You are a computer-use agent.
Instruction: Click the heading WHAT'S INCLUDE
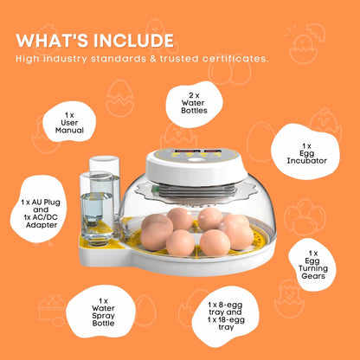coord(95,41)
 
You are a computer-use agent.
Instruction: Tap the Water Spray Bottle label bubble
coord(104,310)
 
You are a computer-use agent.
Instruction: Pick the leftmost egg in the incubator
coord(156,227)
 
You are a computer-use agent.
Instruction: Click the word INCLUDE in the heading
coord(132,41)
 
